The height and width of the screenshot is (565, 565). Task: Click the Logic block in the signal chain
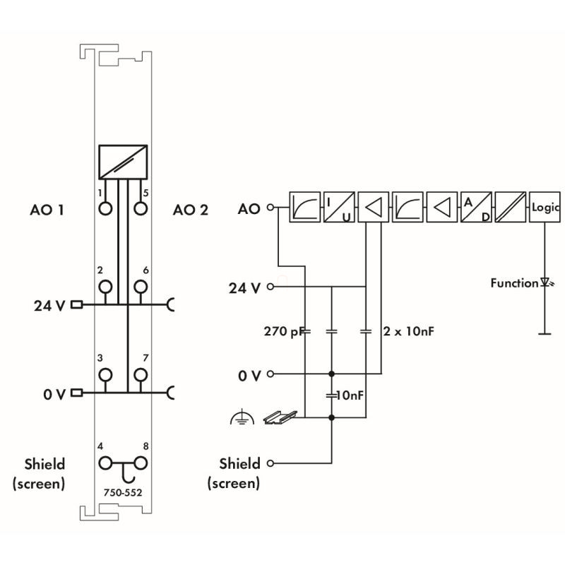[546, 208]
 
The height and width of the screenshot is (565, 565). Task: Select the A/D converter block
[477, 208]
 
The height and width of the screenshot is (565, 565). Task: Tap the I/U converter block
[339, 208]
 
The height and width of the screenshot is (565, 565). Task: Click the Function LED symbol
[545, 283]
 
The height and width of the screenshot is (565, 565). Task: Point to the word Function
[514, 283]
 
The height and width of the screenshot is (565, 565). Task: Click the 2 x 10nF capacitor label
[408, 330]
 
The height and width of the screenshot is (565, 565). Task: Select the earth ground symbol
[242, 418]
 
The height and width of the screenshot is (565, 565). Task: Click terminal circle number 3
[106, 374]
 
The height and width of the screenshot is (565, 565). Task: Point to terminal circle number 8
[141, 463]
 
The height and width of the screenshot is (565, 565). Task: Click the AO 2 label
[190, 210]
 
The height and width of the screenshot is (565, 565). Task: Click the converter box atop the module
[124, 162]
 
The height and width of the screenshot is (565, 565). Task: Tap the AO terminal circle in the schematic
[269, 208]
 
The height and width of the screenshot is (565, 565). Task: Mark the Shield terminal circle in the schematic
[269, 464]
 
